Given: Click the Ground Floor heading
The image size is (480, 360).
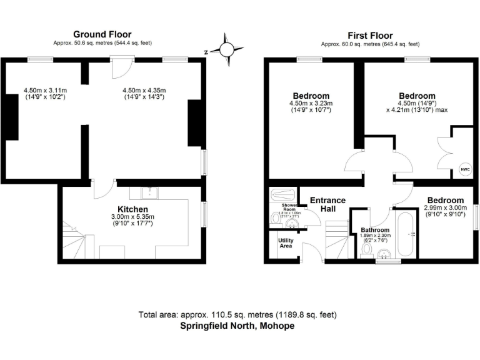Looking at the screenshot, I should [x=102, y=34].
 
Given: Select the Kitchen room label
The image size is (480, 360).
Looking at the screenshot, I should [x=132, y=209].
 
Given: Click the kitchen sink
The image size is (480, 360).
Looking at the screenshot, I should [x=149, y=191].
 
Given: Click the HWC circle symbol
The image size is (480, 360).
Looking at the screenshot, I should [x=464, y=169].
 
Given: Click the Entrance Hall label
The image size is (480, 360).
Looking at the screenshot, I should [x=327, y=204].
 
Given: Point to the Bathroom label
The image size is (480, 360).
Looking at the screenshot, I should [x=375, y=230].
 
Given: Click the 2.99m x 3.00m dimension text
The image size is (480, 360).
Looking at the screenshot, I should [x=445, y=208].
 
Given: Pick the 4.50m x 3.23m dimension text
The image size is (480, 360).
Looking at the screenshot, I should [x=310, y=103].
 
